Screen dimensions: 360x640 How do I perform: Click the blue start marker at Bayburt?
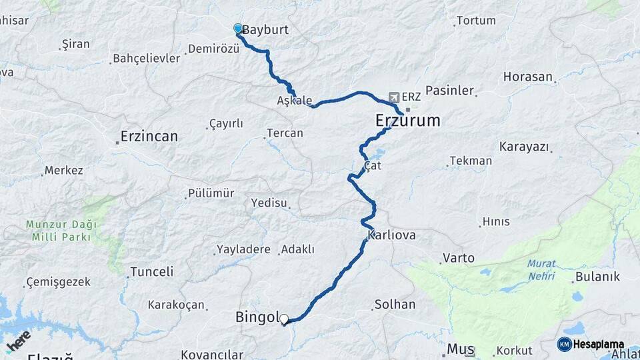238,28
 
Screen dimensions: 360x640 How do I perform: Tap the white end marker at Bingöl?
285,319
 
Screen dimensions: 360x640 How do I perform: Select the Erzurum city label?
408,121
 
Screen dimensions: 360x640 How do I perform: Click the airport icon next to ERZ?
394,97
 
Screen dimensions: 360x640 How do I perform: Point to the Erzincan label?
149,137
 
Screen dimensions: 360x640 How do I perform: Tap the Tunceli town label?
151,271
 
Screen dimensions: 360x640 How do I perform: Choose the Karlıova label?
391,236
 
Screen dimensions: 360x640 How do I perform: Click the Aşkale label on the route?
294,101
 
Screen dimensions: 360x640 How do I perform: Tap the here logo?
18,341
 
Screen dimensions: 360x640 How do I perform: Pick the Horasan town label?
528,77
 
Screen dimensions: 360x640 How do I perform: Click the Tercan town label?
285,133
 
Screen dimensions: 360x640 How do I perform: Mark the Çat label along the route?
373,166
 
